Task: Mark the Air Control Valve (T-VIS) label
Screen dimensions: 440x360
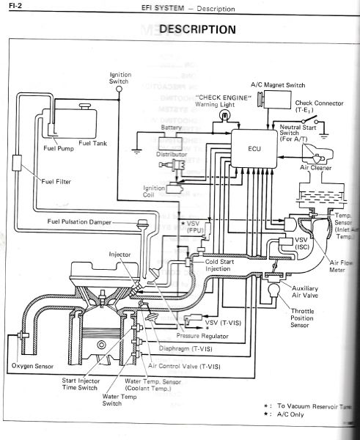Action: [184, 365]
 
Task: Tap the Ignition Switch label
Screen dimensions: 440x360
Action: [120, 78]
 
